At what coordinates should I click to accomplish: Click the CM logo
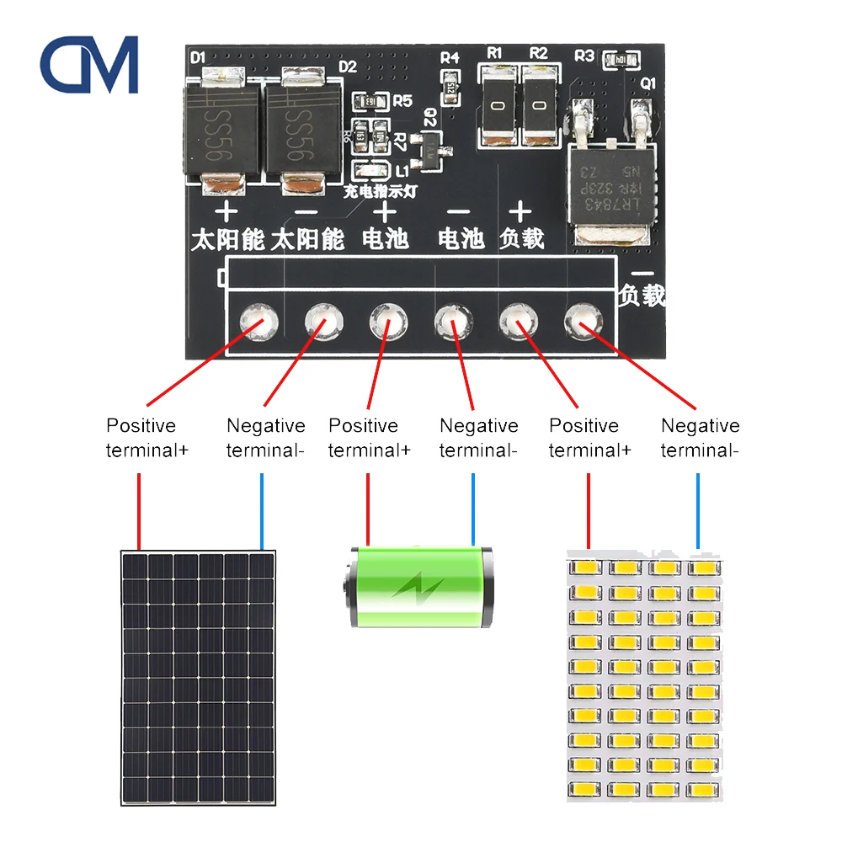pyautogui.click(x=89, y=64)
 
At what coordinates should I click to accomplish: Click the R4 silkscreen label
pyautogui.click(x=450, y=58)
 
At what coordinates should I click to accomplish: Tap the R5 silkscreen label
pyautogui.click(x=402, y=101)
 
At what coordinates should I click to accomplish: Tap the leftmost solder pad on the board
pyautogui.click(x=256, y=321)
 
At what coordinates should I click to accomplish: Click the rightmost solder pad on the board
pyautogui.click(x=580, y=320)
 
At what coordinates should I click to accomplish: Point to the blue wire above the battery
pyautogui.click(x=473, y=509)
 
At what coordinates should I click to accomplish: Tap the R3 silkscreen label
pyautogui.click(x=584, y=56)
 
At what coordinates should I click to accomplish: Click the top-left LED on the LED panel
pyautogui.click(x=585, y=569)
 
